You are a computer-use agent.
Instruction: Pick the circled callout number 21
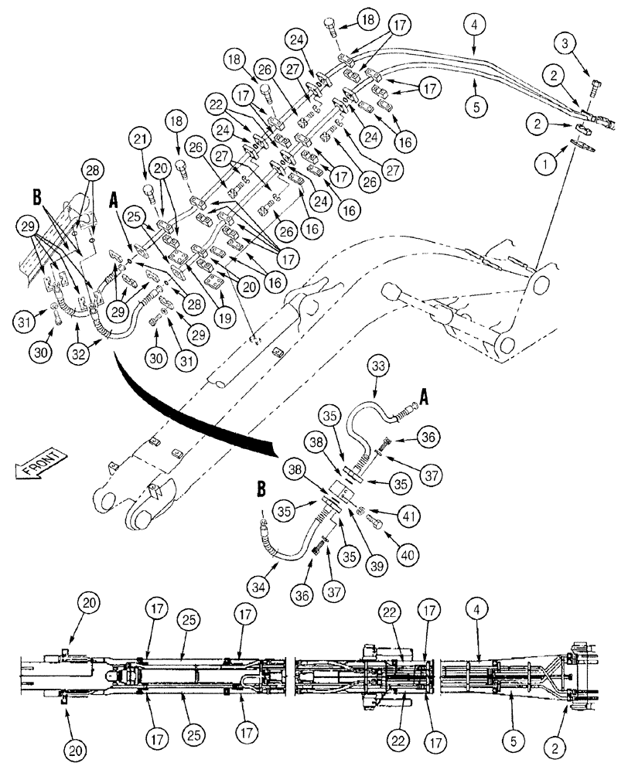[x=140, y=140]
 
